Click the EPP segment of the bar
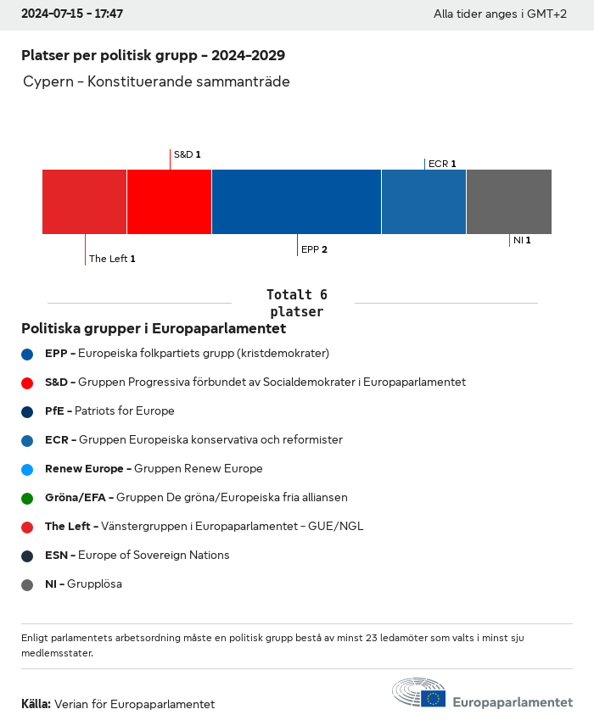coord(296,202)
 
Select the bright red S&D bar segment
coord(169,202)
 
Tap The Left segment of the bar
coord(84,202)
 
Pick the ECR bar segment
coord(423,202)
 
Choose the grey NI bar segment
coord(508,202)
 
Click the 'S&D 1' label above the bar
coord(187,154)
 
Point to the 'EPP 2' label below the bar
coord(314,249)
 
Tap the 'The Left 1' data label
coord(112,259)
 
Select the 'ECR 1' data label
coord(442,164)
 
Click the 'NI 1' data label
coord(522,240)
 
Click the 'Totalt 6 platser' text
coord(296,303)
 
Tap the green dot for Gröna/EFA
coord(27,498)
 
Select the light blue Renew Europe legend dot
coord(27,469)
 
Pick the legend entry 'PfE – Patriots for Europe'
coord(109,411)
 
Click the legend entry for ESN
coord(137,556)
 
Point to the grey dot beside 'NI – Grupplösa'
coord(27,584)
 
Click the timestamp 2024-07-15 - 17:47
coord(72,14)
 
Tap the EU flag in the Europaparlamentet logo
coord(434,698)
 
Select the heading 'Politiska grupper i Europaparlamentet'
coord(154,328)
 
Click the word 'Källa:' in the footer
coord(36,704)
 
